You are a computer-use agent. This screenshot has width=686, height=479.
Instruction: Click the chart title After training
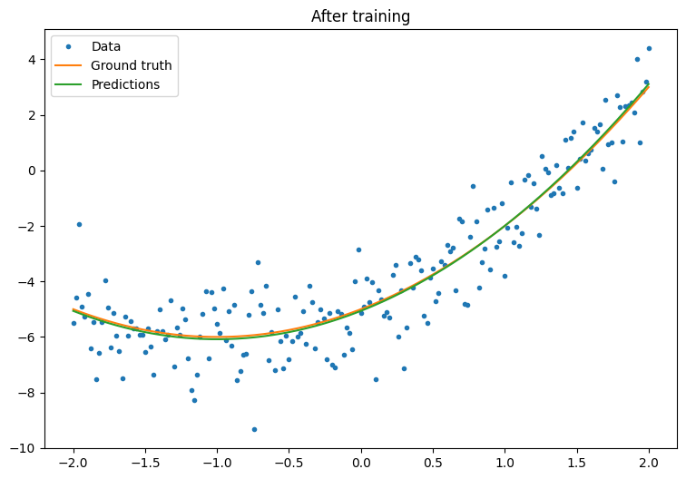(360, 16)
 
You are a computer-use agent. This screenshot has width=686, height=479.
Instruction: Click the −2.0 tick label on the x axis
(73, 463)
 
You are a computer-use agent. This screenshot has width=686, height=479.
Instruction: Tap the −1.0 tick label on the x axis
(217, 463)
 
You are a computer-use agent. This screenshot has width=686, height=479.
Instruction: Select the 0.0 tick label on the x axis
(361, 463)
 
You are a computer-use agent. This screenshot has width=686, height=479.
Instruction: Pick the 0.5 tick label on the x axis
(433, 463)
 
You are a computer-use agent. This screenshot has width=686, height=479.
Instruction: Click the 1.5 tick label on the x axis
(577, 463)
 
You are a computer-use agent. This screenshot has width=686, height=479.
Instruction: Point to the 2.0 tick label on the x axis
(650, 463)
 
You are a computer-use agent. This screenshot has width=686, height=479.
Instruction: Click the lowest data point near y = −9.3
(254, 429)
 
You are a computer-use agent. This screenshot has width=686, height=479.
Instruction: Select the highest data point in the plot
(649, 48)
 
